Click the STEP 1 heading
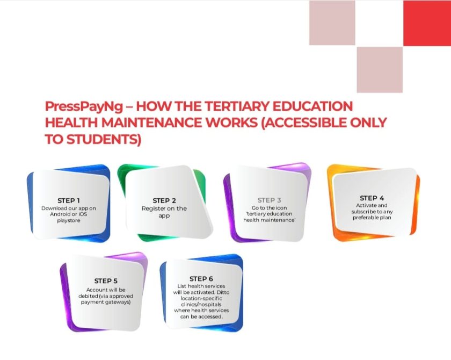point(69,200)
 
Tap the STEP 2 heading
point(164,200)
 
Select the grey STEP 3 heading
point(270,200)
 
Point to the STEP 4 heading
point(372,198)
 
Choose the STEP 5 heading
point(106,280)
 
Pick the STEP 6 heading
point(201,278)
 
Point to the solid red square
point(427,23)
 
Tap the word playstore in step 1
point(68,220)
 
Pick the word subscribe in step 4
point(366,212)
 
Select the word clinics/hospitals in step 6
point(201,304)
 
